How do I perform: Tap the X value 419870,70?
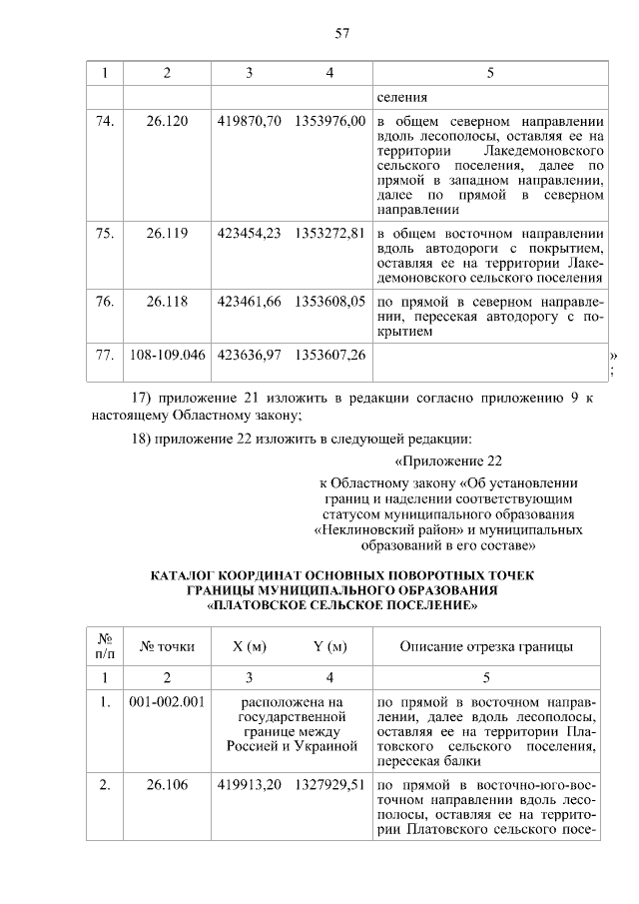[249, 121]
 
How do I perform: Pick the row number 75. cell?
[103, 234]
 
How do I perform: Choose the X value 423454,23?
[249, 234]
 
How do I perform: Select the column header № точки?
[167, 646]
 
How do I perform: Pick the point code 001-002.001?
[167, 701]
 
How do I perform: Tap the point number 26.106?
[167, 784]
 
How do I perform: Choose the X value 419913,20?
[249, 784]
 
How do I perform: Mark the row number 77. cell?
[103, 354]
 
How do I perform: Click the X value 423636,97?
[249, 354]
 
